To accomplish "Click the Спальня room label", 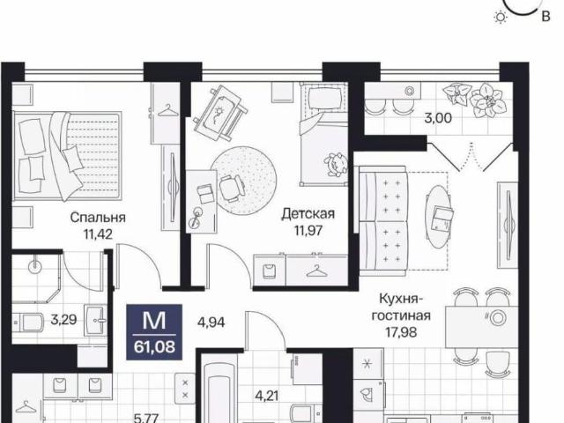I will click(x=98, y=218).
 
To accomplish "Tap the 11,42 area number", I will click(x=97, y=234).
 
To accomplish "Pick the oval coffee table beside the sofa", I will click(x=441, y=213).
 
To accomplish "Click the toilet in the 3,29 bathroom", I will click(x=31, y=323).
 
